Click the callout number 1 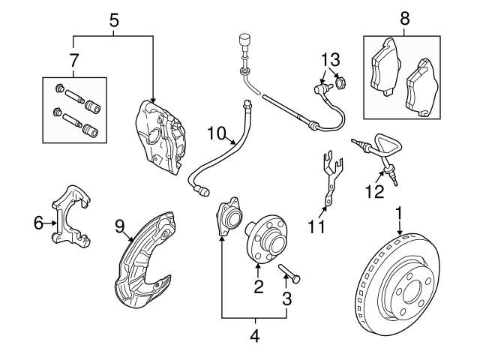click(x=399, y=213)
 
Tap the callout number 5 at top click(x=113, y=21)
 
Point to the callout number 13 click(x=331, y=58)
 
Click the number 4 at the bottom click(x=254, y=336)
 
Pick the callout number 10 click(x=216, y=133)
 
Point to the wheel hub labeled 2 click(x=265, y=235)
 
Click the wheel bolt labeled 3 click(x=292, y=277)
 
